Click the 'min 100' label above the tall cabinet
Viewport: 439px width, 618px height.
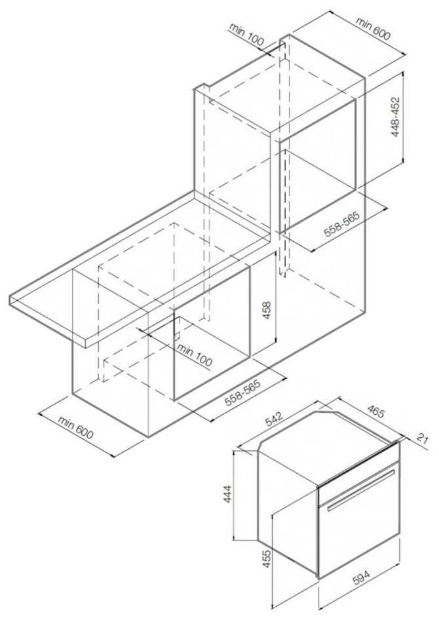(x=246, y=35)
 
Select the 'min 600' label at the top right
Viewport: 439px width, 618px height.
(x=373, y=29)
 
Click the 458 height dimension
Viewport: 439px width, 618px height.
(x=267, y=311)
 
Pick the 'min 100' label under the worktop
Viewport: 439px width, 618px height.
(x=195, y=355)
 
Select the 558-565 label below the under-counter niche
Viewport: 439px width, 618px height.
(x=243, y=393)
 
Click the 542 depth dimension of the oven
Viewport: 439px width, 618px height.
(x=275, y=419)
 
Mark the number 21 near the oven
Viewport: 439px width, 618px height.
(x=422, y=438)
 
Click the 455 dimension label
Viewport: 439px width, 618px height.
(x=267, y=558)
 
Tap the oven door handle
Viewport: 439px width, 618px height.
(x=360, y=491)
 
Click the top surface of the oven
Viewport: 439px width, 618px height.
(x=328, y=444)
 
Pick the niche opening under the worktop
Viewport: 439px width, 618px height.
(x=212, y=334)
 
